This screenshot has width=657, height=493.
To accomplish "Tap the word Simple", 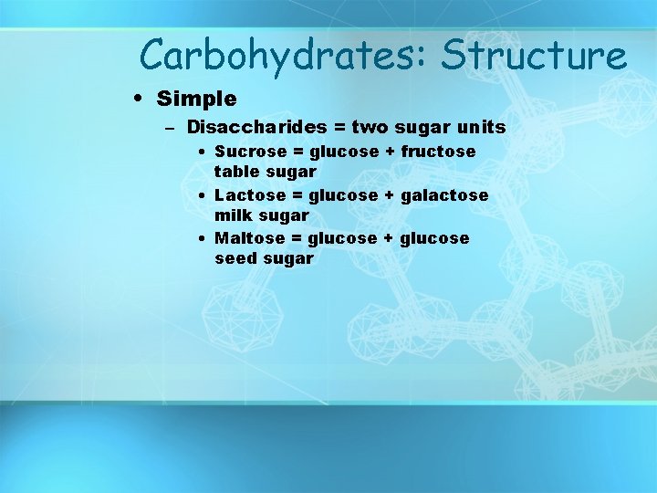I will coord(196,98).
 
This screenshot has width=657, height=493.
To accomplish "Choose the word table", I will coord(235,171).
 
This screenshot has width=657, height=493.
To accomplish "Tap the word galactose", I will coord(449,194).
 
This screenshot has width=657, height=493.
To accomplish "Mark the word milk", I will coord(233,215).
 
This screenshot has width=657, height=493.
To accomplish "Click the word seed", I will coord(235,258).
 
